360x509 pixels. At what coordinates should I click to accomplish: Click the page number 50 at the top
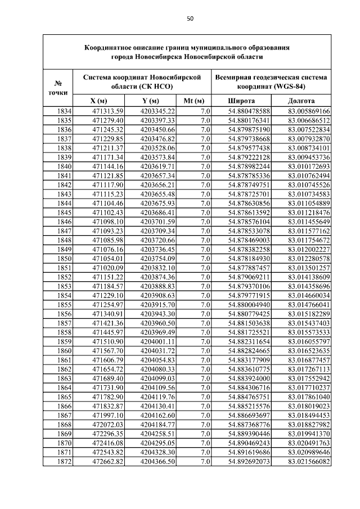pyautogui.click(x=190, y=19)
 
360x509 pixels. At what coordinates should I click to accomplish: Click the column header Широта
pyautogui.click(x=241, y=100)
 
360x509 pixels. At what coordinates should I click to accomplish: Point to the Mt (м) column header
pyautogui.click(x=193, y=100)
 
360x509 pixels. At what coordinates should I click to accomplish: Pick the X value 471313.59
pyautogui.click(x=107, y=111)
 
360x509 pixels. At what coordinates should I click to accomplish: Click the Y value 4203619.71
pyautogui.click(x=159, y=166)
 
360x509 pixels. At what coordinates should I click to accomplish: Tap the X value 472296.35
pyautogui.click(x=107, y=434)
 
